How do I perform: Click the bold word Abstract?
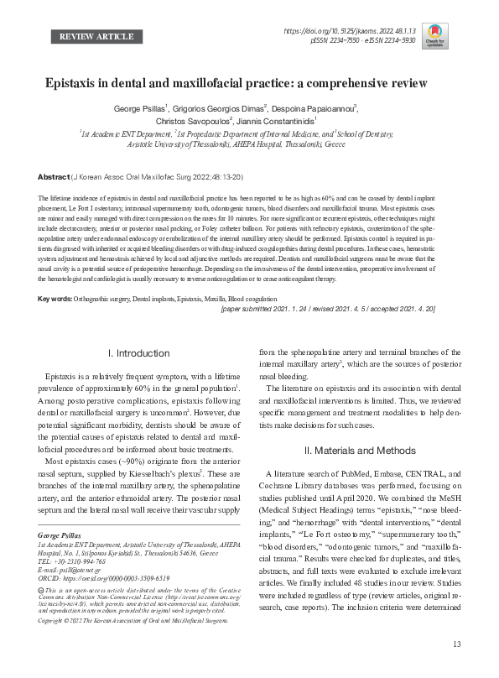click(x=53, y=178)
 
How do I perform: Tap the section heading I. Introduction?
click(x=140, y=353)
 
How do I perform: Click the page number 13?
click(x=456, y=667)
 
